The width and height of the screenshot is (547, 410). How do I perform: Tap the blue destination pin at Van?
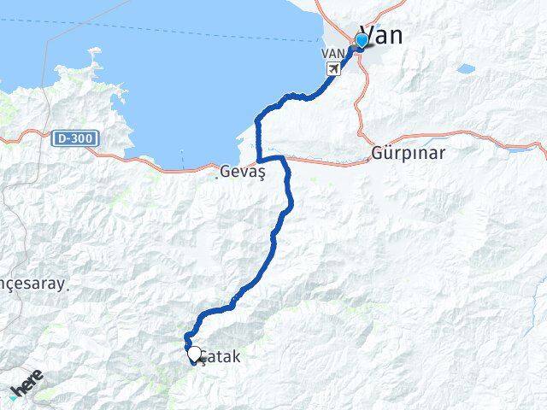click(362, 41)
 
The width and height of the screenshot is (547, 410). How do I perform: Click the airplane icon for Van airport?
click(344, 67)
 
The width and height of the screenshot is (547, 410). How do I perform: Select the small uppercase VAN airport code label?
click(332, 53)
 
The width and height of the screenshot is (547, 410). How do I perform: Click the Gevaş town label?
click(244, 172)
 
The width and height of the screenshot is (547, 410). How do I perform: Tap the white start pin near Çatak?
click(194, 354)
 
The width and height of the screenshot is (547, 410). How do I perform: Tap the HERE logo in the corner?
click(27, 387)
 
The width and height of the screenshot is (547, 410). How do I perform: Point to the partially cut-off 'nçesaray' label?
click(32, 284)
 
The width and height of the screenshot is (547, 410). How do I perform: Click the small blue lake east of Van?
click(466, 68)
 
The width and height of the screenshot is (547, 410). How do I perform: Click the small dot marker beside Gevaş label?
click(216, 178)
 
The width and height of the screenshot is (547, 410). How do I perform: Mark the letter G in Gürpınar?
click(379, 155)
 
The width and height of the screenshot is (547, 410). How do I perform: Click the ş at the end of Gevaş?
click(262, 173)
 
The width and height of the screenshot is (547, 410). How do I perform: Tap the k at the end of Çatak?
click(235, 359)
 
